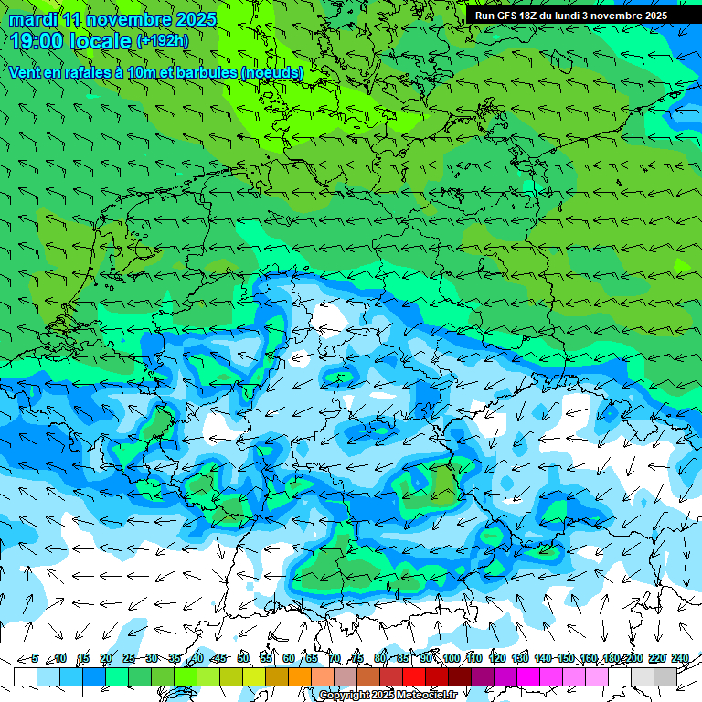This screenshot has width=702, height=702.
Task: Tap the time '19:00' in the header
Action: click(37, 41)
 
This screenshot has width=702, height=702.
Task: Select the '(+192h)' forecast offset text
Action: click(162, 41)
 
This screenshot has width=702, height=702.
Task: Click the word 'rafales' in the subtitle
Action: click(78, 72)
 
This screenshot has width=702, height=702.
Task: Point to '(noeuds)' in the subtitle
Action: click(271, 72)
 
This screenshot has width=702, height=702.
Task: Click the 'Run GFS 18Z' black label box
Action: click(571, 16)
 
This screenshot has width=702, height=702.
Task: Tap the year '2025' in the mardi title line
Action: click(197, 19)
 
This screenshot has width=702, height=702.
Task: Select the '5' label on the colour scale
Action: click(35, 658)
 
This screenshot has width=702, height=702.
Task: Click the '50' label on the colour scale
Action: click(243, 658)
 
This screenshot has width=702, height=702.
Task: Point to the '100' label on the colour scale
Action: click(451, 658)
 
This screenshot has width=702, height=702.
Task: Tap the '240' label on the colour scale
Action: click(679, 658)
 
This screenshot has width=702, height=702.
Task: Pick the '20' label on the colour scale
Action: click(105, 658)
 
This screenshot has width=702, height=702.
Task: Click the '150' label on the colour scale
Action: click(565, 658)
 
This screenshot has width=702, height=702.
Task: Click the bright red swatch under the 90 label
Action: click(414, 676)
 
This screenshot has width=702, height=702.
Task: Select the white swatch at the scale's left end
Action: click(26, 676)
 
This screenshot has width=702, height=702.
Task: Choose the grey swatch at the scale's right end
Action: click(665, 676)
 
